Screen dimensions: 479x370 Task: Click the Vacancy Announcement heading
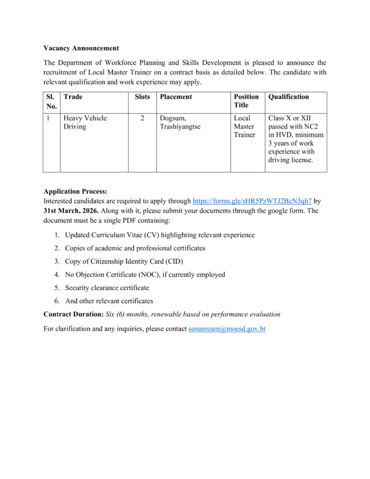[x=81, y=48]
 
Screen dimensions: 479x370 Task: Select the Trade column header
[x=73, y=97]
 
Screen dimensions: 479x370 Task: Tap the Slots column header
[x=142, y=97]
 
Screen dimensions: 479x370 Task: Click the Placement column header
[x=176, y=97]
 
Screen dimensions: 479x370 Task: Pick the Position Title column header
[x=247, y=101]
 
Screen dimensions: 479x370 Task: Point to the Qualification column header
[x=289, y=97]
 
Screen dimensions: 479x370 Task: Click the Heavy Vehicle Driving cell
[x=85, y=123]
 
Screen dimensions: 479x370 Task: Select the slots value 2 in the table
[x=142, y=118]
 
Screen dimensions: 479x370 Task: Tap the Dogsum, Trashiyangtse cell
[x=180, y=123]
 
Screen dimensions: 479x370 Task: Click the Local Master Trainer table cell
[x=245, y=127]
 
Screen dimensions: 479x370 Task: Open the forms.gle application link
[x=252, y=201]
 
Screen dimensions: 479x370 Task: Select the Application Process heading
[x=75, y=191]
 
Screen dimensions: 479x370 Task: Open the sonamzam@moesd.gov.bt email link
[x=227, y=329]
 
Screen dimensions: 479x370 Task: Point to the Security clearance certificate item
[x=107, y=288]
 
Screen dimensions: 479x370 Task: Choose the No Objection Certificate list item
[x=145, y=275]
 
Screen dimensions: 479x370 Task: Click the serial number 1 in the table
[x=48, y=118]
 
